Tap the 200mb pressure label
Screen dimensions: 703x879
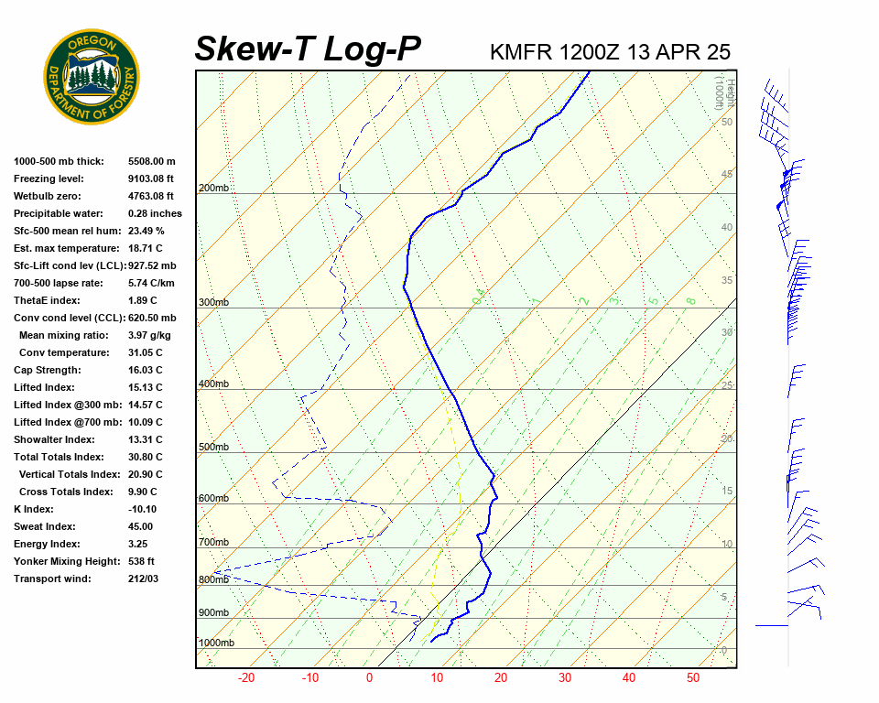pos(213,189)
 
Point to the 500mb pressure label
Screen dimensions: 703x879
pos(213,447)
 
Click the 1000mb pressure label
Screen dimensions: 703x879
pos(216,643)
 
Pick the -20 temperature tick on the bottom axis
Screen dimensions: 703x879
pos(246,678)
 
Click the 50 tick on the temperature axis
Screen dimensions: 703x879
pos(692,678)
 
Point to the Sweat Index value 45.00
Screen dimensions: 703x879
pos(140,526)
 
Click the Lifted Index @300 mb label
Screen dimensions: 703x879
pos(68,405)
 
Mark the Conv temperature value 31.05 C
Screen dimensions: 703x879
pos(145,352)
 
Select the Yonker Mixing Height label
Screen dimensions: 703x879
pos(65,561)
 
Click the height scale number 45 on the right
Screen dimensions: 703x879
pos(727,174)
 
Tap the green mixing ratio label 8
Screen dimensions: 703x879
pos(691,299)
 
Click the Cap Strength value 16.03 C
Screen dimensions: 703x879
pos(145,370)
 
